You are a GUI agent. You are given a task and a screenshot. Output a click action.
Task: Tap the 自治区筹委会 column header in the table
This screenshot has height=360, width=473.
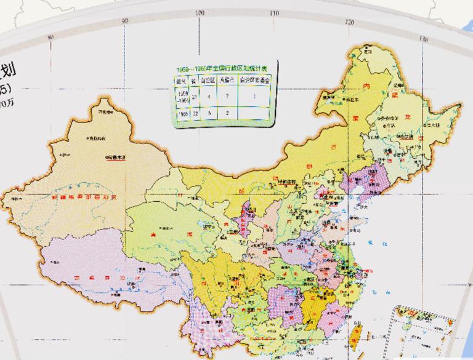coord(254,80)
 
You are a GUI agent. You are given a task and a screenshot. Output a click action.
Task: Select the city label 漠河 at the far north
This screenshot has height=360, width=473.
coord(368,52)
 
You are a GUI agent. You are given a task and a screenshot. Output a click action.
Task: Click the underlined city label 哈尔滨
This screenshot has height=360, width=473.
coord(405,138)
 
